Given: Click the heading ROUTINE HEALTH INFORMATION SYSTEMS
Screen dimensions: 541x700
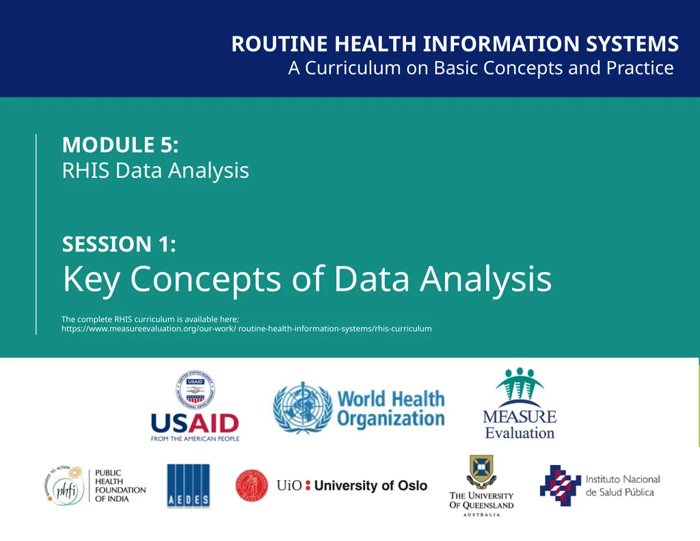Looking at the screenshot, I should pyautogui.click(x=455, y=44).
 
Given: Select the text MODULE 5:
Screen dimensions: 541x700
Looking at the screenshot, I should pyautogui.click(x=120, y=145).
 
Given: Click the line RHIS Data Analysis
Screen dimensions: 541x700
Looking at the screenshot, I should pyautogui.click(x=155, y=170).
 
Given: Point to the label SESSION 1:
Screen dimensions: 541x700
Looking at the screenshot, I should pyautogui.click(x=119, y=244).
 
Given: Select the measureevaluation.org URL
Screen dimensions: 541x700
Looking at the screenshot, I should pyautogui.click(x=246, y=329).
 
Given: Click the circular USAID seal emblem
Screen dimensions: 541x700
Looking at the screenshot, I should pyautogui.click(x=196, y=390).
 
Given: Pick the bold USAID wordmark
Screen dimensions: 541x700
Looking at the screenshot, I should pyautogui.click(x=195, y=423).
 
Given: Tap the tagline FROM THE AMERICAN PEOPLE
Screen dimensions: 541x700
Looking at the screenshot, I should pyautogui.click(x=195, y=438).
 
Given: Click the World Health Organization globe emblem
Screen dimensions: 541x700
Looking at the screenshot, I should pyautogui.click(x=301, y=408).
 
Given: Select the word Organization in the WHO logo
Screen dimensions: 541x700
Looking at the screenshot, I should pyautogui.click(x=391, y=419).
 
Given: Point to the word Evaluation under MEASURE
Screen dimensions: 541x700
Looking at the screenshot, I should pyautogui.click(x=520, y=433).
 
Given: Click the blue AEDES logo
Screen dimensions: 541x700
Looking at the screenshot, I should pyautogui.click(x=188, y=486).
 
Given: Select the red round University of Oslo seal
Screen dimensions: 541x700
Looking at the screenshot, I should pyautogui.click(x=252, y=486).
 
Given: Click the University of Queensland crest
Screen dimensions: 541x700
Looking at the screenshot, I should pyautogui.click(x=481, y=471).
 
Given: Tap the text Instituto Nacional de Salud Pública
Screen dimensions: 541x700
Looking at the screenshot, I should pyautogui.click(x=622, y=486).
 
